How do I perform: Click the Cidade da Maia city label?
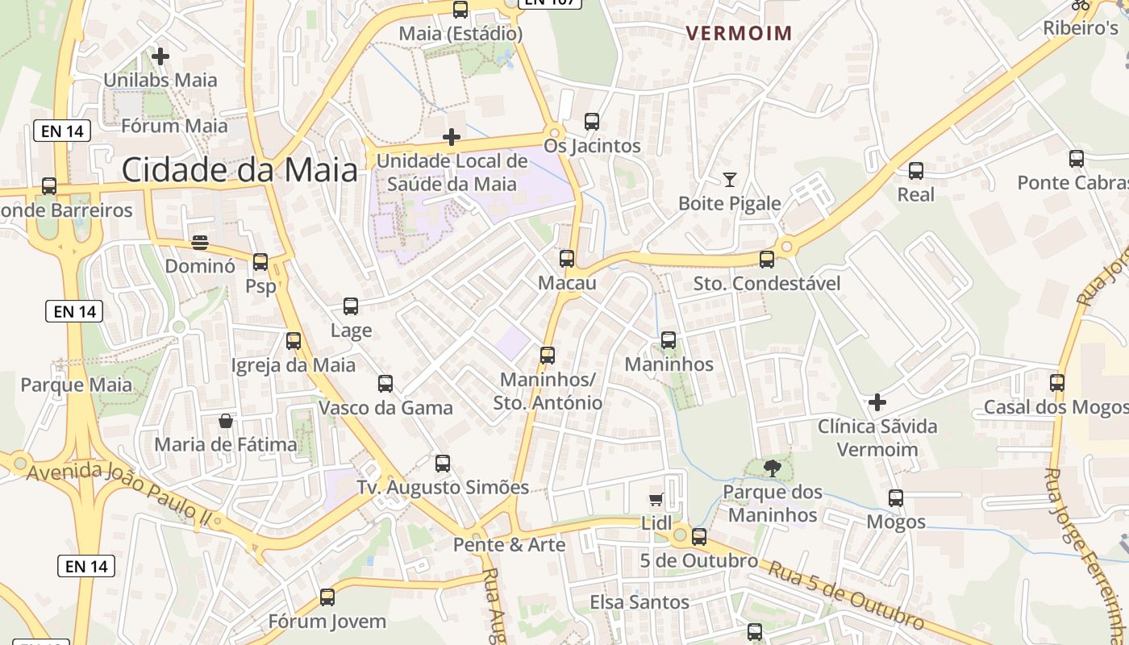click(x=240, y=170)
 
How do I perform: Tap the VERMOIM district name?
click(x=739, y=33)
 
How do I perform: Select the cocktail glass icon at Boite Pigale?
click(x=730, y=180)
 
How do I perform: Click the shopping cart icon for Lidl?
click(x=656, y=500)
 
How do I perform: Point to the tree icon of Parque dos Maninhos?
click(x=772, y=468)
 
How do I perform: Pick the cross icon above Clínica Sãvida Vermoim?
click(x=877, y=402)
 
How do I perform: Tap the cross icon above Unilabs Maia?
click(x=160, y=56)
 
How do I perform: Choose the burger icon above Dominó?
click(x=200, y=243)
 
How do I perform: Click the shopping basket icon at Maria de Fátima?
click(x=226, y=421)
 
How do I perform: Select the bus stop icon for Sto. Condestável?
click(x=767, y=260)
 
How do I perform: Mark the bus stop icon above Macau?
click(x=567, y=259)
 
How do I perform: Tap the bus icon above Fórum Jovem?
click(x=327, y=597)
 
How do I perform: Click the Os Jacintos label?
click(x=592, y=146)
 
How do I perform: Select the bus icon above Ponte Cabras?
click(x=1077, y=159)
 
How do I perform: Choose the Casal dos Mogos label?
click(x=1056, y=407)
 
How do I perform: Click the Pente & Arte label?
click(x=509, y=545)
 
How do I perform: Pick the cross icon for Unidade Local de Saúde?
click(x=452, y=137)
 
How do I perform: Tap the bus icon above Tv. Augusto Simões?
click(x=443, y=464)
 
